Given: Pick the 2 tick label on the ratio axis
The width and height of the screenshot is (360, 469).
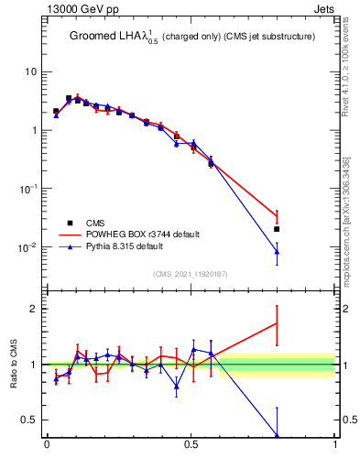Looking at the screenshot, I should (34, 309).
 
